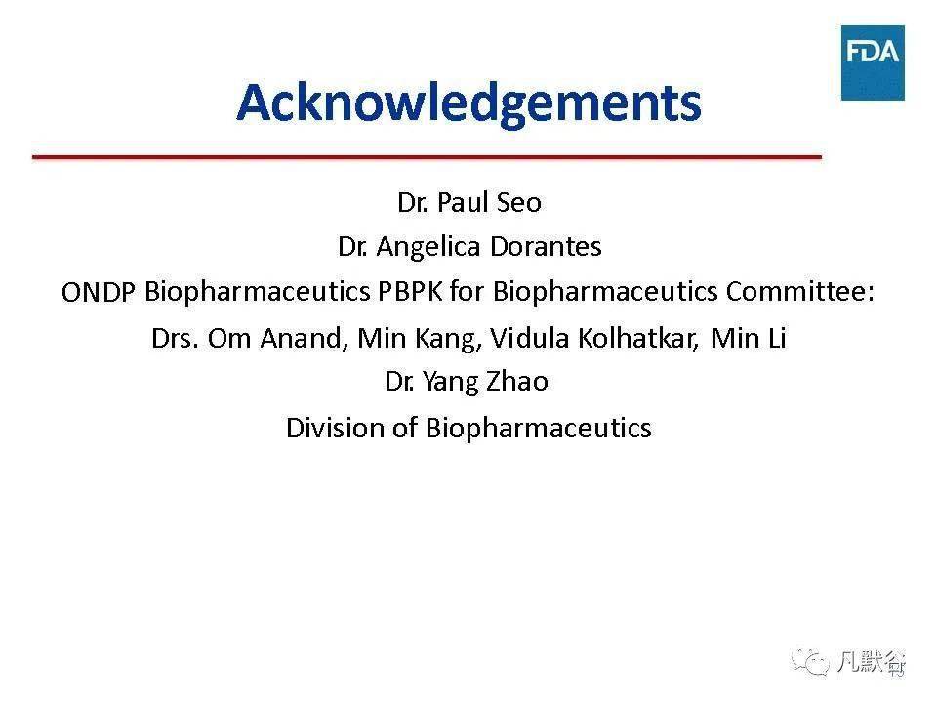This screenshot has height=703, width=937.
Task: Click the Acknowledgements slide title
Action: pos(468,103)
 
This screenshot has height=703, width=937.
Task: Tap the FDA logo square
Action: pos(873,62)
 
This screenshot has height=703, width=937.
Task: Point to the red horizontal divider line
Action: pos(427,157)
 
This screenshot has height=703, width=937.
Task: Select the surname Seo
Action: pos(518,203)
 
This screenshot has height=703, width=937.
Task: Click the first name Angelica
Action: pos(428,247)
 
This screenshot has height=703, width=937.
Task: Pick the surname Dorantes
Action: pos(546,246)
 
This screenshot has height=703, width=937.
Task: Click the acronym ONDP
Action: pos(98,292)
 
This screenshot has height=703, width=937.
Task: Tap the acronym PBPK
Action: pos(410,292)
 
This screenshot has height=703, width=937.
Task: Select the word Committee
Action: pos(799,292)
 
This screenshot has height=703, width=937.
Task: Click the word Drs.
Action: pos(175,339)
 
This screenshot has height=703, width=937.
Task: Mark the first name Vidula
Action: pos(529,339)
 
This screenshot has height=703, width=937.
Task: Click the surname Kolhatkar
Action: pos(637,339)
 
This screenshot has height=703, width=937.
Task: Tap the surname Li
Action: pos(777,339)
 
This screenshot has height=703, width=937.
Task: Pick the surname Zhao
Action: pos(517,382)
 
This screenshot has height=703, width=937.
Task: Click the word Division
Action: pos(335,428)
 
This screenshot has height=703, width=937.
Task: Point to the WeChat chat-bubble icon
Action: pos(810,661)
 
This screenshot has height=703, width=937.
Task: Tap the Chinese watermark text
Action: pos(871,662)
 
